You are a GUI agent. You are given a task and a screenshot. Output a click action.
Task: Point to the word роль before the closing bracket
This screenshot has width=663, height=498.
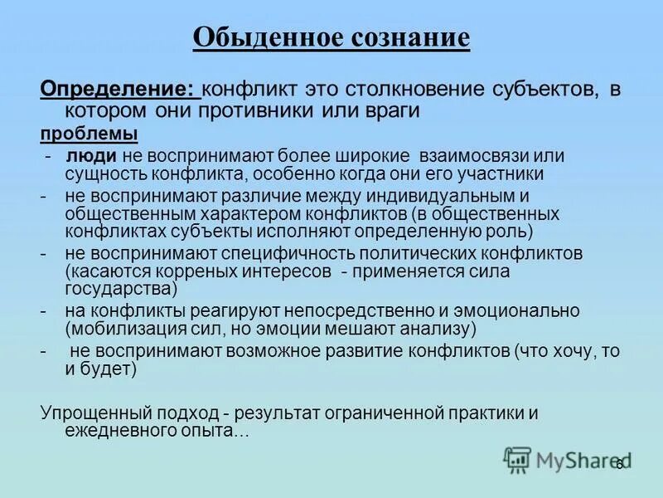(508, 232)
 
